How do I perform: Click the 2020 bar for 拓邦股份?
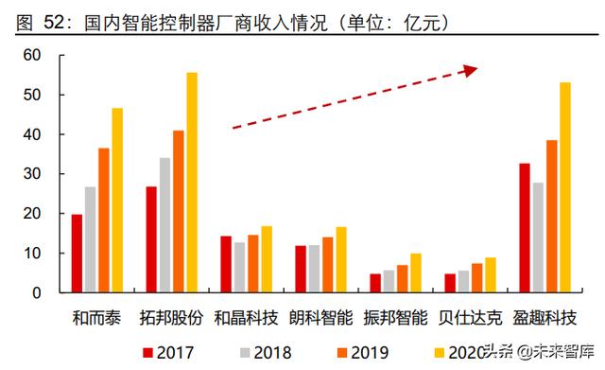click(192, 183)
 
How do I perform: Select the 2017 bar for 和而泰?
click(77, 254)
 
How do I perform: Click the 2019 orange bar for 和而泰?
click(104, 220)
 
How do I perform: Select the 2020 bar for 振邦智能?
click(416, 273)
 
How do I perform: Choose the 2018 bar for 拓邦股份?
click(164, 225)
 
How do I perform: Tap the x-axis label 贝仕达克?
click(471, 316)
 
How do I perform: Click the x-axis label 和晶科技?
click(245, 316)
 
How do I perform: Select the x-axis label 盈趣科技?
click(544, 316)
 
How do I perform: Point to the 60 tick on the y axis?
click(33, 56)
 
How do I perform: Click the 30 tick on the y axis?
click(33, 174)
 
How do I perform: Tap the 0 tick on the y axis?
click(38, 292)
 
